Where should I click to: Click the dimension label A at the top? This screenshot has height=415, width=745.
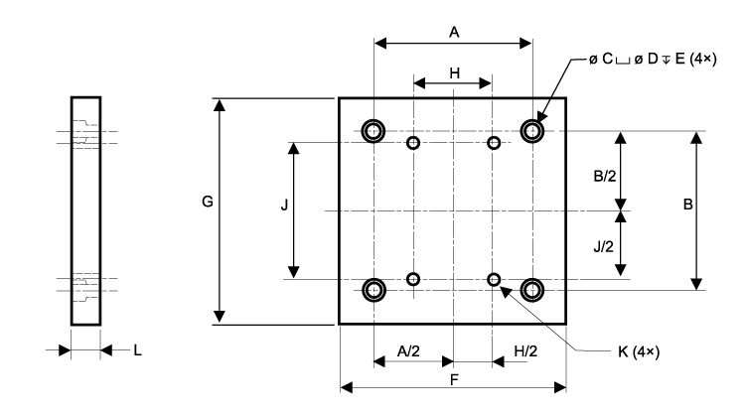pyautogui.click(x=454, y=32)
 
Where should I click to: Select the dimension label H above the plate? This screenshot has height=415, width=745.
pyautogui.click(x=454, y=72)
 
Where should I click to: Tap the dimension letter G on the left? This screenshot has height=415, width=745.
pyautogui.click(x=207, y=202)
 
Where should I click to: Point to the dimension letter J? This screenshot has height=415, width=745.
pyautogui.click(x=284, y=206)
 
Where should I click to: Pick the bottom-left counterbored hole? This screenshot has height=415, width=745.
pyautogui.click(x=373, y=289)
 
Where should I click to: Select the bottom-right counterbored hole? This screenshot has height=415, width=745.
pyautogui.click(x=533, y=289)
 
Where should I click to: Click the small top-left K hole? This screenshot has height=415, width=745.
pyautogui.click(x=414, y=143)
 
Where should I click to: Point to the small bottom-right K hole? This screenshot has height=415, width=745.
pyautogui.click(x=494, y=279)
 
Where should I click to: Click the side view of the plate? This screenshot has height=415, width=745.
pyautogui.click(x=85, y=209)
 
